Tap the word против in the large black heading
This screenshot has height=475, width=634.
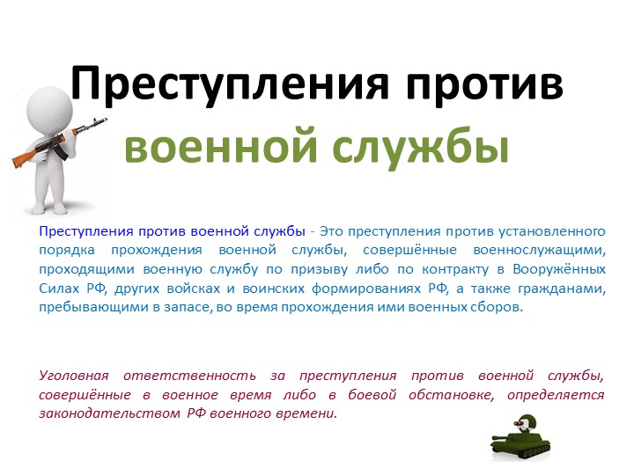[478, 85]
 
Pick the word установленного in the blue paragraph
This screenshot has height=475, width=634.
[551, 231]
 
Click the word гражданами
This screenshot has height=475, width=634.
[563, 289]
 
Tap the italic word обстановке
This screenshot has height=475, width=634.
[452, 394]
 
